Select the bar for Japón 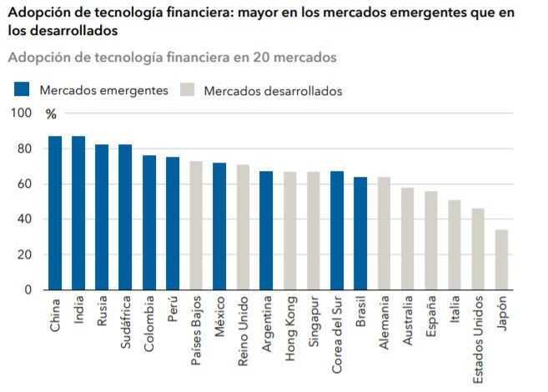501,259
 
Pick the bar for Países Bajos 196,225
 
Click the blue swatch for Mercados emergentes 23,90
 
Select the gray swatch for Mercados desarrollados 187,90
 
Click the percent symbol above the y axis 51,113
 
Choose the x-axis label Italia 455,313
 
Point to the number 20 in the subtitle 249,58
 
